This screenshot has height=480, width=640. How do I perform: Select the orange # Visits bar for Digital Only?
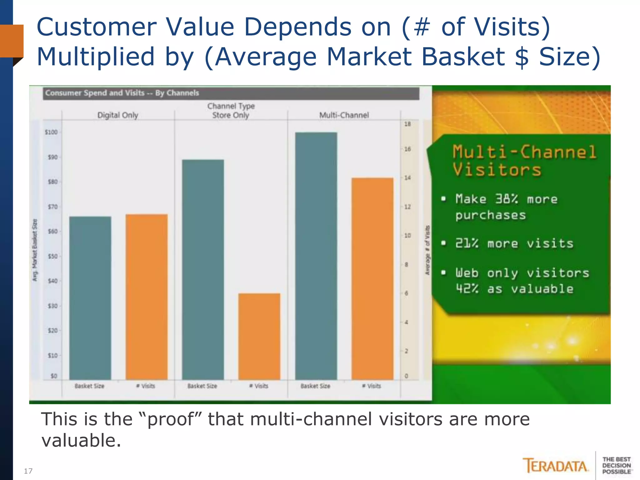[147, 297]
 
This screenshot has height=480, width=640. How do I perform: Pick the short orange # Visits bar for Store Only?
[259, 336]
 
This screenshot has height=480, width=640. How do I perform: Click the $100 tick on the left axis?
[52, 132]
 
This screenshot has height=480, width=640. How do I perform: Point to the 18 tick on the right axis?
[407, 124]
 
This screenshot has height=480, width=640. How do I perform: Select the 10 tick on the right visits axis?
[407, 236]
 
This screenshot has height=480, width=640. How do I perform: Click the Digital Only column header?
[117, 115]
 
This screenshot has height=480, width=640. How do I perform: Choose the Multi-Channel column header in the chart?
[344, 115]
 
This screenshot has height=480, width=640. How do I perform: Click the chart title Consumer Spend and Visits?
[122, 93]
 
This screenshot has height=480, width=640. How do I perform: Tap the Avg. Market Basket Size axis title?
[35, 250]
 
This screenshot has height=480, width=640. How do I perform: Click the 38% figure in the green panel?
[507, 199]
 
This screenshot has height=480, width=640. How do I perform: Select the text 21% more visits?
[514, 243]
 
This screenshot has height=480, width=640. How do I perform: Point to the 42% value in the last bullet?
[467, 289]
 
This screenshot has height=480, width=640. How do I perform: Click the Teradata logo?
[555, 466]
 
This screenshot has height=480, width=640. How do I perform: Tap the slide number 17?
[28, 471]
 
